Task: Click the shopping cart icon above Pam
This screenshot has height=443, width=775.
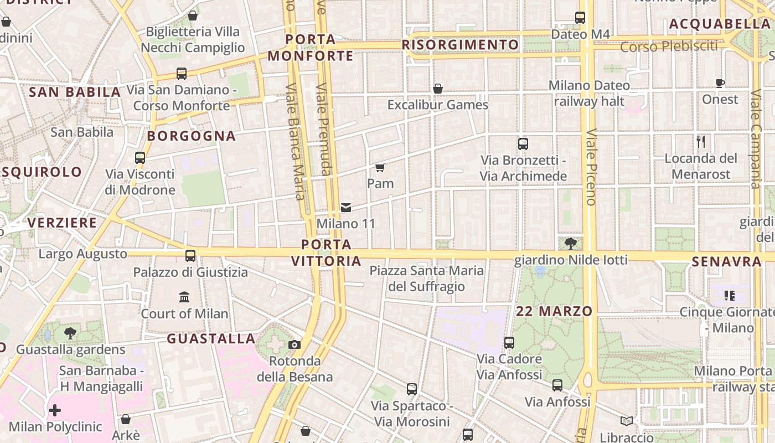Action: [380, 167]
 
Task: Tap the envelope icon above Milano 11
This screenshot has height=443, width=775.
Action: [346, 208]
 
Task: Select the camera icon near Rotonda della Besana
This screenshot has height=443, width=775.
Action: [294, 345]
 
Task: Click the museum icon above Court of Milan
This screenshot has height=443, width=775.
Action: [184, 297]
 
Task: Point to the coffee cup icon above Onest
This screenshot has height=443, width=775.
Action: [720, 84]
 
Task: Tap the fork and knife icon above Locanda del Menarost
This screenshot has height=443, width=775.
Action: [701, 142]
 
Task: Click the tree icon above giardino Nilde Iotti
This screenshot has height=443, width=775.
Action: [571, 243]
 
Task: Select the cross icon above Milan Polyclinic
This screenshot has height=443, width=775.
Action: [55, 410]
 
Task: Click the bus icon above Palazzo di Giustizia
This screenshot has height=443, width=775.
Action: [190, 256]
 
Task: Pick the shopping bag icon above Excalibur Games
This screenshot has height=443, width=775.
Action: [438, 89]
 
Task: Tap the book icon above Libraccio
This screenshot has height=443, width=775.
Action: [627, 421]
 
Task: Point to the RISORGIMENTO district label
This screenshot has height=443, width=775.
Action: [461, 45]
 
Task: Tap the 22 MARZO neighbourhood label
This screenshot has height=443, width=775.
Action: [554, 311]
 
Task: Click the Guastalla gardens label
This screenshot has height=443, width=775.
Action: [71, 350]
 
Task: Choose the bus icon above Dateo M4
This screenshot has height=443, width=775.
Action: [580, 18]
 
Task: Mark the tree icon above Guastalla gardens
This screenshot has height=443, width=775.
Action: [70, 333]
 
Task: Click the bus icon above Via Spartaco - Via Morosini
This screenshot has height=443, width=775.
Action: [412, 389]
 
